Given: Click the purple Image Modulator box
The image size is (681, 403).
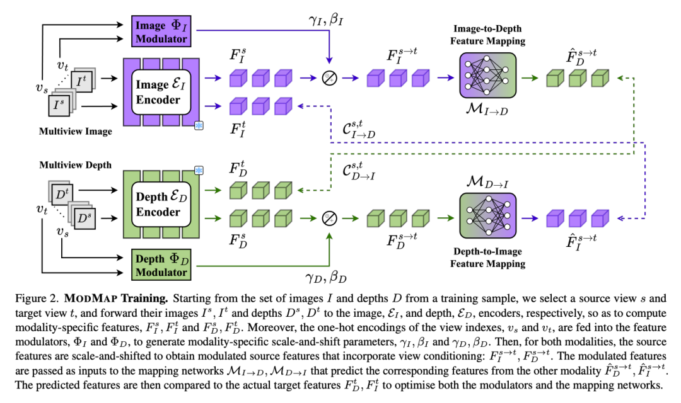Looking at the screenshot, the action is (161, 31).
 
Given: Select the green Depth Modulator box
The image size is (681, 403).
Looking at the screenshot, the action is (161, 265).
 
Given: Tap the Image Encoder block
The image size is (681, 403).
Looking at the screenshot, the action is (161, 92).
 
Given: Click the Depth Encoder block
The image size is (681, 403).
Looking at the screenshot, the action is (161, 204).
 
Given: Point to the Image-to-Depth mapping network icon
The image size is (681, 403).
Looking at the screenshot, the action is (487, 76).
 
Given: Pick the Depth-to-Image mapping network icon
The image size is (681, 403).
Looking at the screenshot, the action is (487, 215).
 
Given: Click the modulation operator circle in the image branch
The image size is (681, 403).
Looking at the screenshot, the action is (329, 78).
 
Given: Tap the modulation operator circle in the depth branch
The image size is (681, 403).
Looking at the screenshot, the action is (329, 219).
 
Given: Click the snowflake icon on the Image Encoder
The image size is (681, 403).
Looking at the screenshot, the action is (199, 126).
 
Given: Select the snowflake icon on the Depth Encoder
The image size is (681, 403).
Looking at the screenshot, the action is (199, 171).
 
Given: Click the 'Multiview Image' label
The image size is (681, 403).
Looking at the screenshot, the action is (76, 132).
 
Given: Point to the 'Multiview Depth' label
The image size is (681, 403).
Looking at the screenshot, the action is (76, 165).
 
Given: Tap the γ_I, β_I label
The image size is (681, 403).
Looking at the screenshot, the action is (326, 20).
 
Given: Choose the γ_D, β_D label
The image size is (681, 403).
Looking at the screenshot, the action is (326, 277).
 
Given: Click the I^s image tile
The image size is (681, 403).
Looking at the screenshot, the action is (59, 105).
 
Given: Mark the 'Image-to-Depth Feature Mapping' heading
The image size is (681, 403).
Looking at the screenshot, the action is (487, 35).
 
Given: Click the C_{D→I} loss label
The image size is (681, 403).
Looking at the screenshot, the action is (358, 171).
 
